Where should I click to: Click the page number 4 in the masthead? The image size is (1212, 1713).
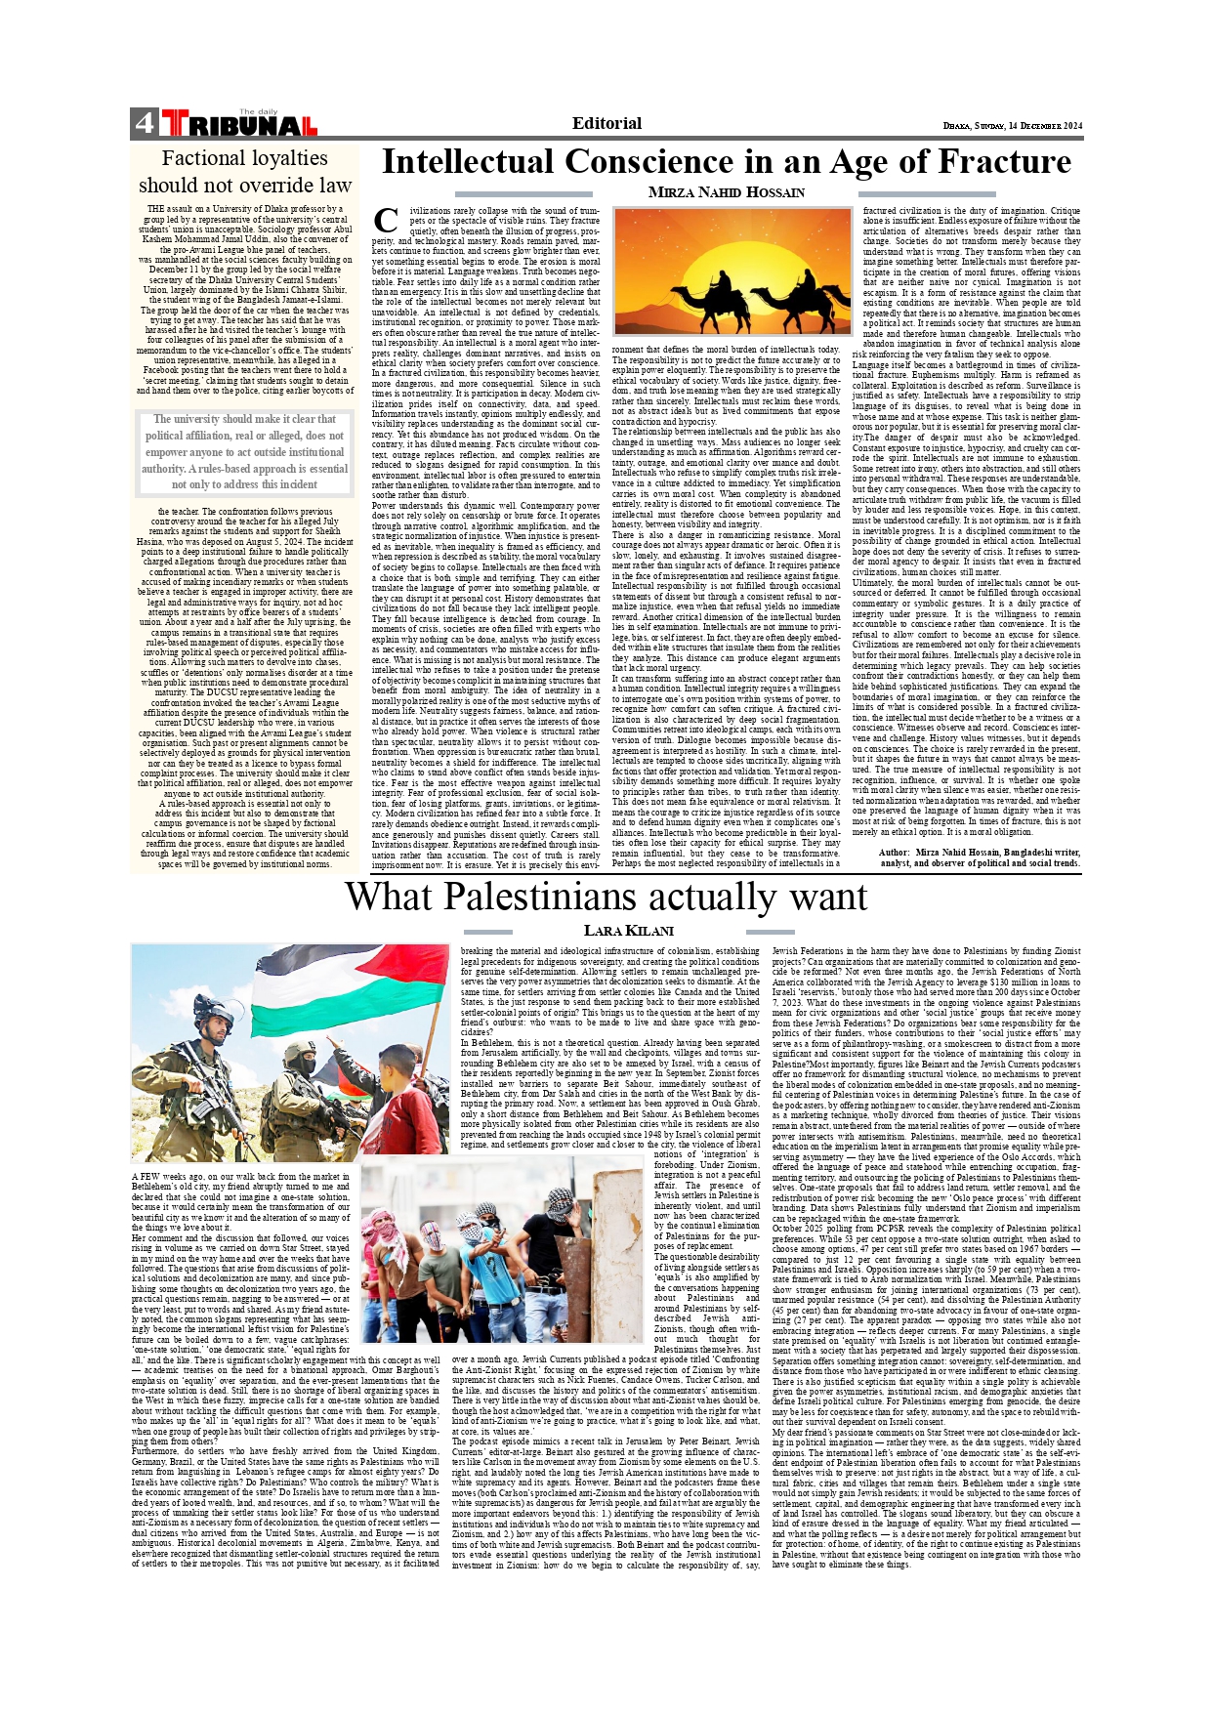(145, 123)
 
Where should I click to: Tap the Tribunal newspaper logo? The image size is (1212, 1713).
(239, 124)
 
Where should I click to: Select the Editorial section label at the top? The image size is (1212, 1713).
(606, 123)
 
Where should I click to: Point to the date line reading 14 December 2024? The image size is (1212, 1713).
(1013, 126)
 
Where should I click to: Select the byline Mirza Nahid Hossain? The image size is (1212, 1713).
(726, 192)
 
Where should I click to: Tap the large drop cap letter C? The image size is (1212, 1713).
(386, 222)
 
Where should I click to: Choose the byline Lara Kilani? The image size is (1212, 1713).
(628, 931)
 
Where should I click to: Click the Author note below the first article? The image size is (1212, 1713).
(979, 856)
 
